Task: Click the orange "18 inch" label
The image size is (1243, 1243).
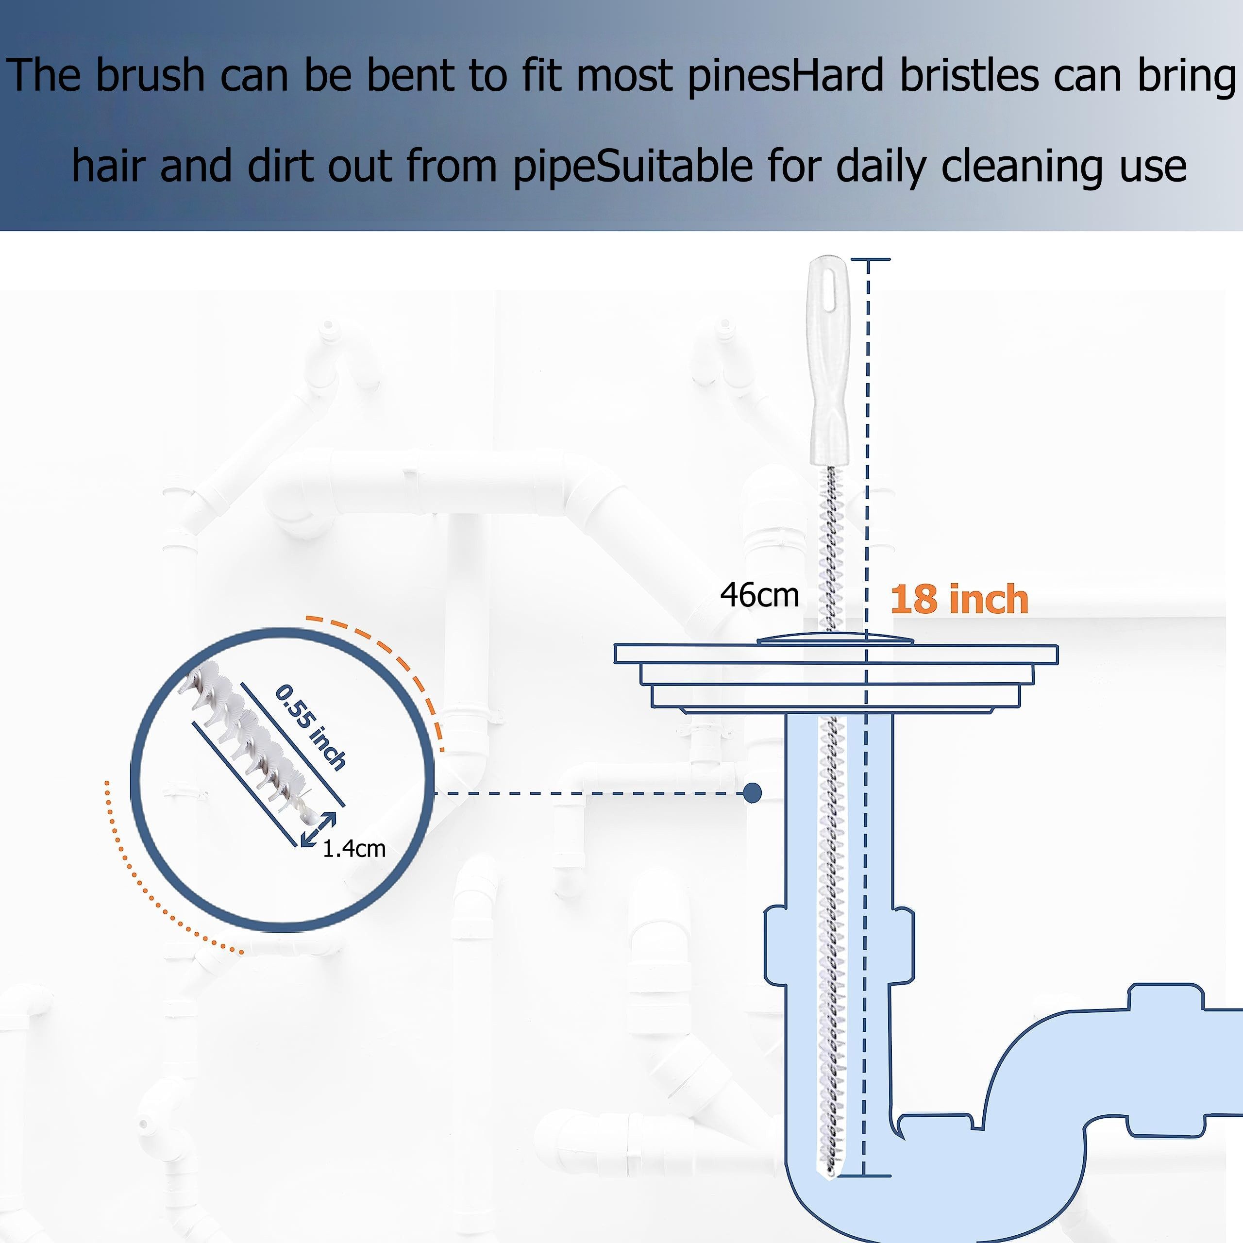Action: [x=959, y=600]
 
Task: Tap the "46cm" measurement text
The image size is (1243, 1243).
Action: [x=759, y=595]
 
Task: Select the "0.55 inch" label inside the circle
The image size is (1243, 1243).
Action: [x=311, y=728]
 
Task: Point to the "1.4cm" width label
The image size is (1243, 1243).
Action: [x=354, y=849]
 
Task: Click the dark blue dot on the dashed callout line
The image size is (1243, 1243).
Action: [x=752, y=793]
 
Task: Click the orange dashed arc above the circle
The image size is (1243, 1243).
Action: [x=386, y=669]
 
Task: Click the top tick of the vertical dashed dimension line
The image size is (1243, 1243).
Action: [x=870, y=259]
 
